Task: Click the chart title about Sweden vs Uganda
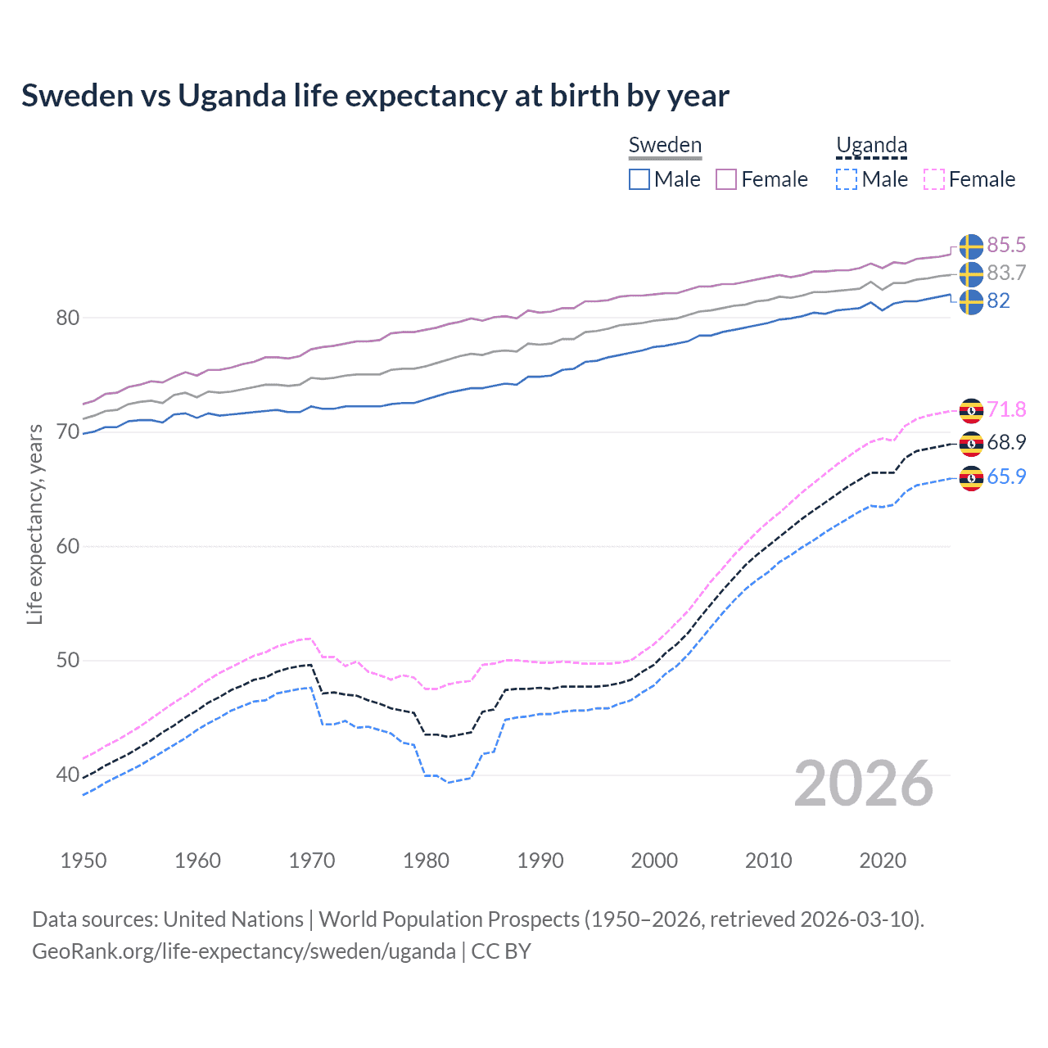point(375,96)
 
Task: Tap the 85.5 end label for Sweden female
point(1006,246)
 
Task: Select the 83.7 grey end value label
point(1006,273)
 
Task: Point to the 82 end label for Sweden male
point(998,301)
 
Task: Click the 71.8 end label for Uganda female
point(1006,409)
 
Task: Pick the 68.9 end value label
point(1006,443)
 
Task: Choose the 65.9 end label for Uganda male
point(1006,477)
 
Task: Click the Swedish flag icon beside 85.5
point(971,246)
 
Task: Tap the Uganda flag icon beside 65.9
point(971,477)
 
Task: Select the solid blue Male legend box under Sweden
point(639,179)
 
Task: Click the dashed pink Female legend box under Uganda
point(934,179)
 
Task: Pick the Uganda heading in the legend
point(871,146)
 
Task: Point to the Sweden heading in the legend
point(665,145)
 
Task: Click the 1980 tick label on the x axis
point(426,861)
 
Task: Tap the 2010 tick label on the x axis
point(768,861)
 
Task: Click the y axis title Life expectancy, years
point(34,524)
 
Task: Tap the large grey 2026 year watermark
point(864,784)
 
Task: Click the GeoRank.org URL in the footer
point(244,951)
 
